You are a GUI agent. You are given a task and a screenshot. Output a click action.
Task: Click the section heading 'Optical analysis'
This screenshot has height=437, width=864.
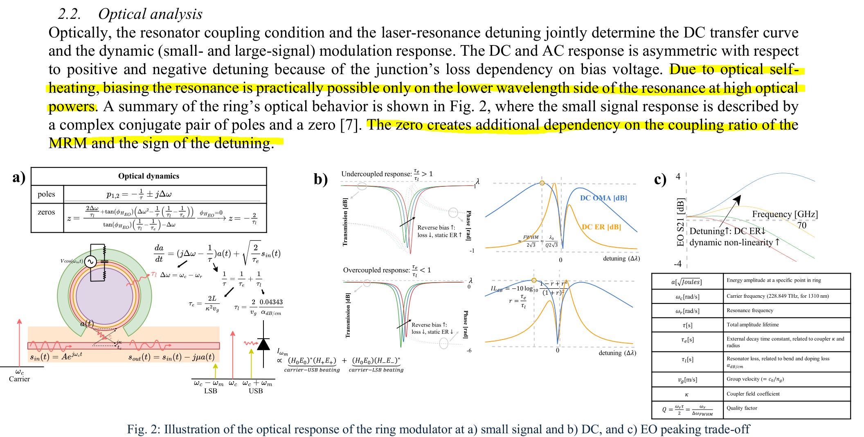pos(150,14)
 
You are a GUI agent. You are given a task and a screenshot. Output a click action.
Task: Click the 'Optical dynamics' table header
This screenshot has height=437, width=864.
pos(148,176)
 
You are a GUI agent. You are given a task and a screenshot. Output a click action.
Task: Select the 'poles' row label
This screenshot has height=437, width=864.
pos(46,194)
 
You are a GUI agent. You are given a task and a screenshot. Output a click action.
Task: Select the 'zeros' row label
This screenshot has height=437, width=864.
pos(46,212)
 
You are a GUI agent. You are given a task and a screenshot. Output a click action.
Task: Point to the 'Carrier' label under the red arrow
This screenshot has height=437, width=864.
pos(19,379)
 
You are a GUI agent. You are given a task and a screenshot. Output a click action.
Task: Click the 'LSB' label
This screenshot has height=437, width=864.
pos(210,391)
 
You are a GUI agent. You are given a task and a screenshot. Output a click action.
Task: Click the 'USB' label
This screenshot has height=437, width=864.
pos(256,391)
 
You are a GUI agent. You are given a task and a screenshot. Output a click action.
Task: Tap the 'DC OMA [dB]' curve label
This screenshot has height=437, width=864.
pos(603,198)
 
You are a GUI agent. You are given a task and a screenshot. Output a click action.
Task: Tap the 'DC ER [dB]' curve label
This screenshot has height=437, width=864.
pos(601,227)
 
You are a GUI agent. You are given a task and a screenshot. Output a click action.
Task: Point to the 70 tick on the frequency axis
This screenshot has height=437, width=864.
pos(802,225)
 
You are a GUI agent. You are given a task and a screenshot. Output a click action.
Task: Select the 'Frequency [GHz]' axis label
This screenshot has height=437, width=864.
pos(785,214)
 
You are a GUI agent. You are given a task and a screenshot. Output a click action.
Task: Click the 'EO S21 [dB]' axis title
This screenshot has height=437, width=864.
pos(680,222)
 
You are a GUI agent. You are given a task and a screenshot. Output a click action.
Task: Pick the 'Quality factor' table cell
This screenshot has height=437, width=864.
pos(742,408)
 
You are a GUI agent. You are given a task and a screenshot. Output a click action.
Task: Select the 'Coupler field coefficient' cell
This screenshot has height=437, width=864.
pos(753,394)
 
